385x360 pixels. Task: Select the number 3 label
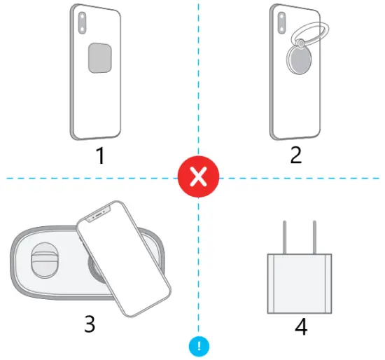[x=90, y=324]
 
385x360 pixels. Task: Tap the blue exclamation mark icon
[x=199, y=345]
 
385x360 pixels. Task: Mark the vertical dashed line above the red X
[x=199, y=77]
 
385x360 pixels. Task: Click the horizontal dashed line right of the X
[x=301, y=178]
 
